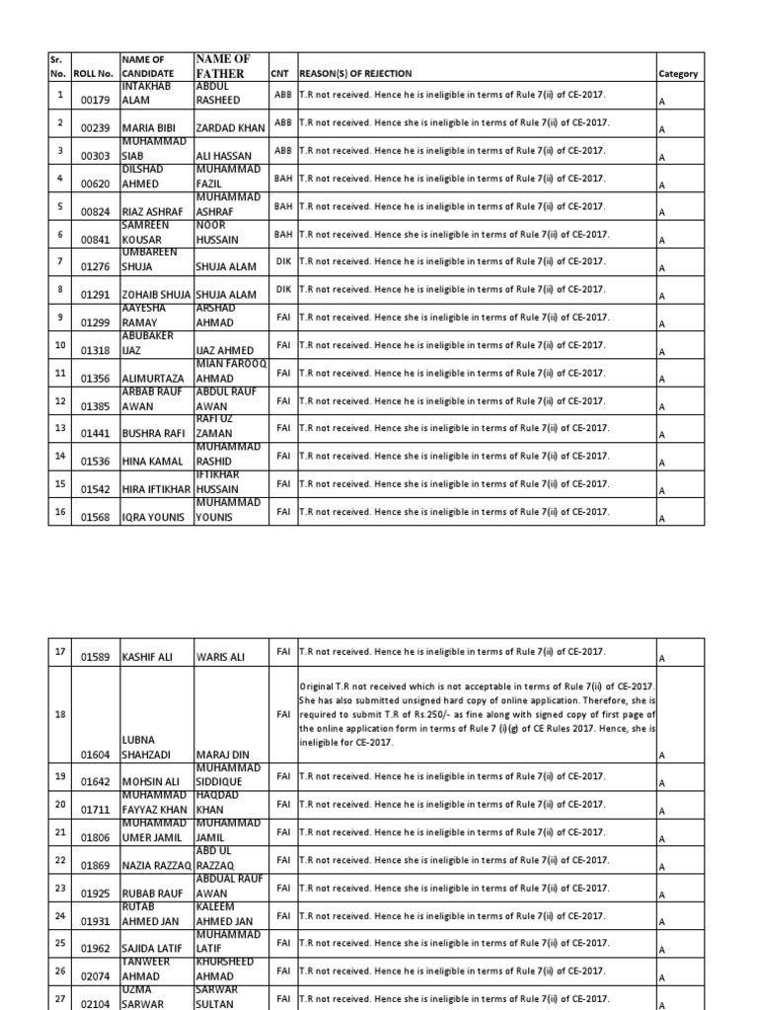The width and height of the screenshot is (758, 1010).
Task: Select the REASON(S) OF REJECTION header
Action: [x=355, y=74]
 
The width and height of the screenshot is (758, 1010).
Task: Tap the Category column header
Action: [x=677, y=74]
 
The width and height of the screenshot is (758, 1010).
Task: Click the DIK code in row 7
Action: [x=283, y=261]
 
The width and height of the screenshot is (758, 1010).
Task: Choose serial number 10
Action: [x=60, y=345]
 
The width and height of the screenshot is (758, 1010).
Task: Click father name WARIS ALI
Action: [x=225, y=656]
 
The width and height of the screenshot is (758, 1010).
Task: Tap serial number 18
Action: [x=60, y=713]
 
